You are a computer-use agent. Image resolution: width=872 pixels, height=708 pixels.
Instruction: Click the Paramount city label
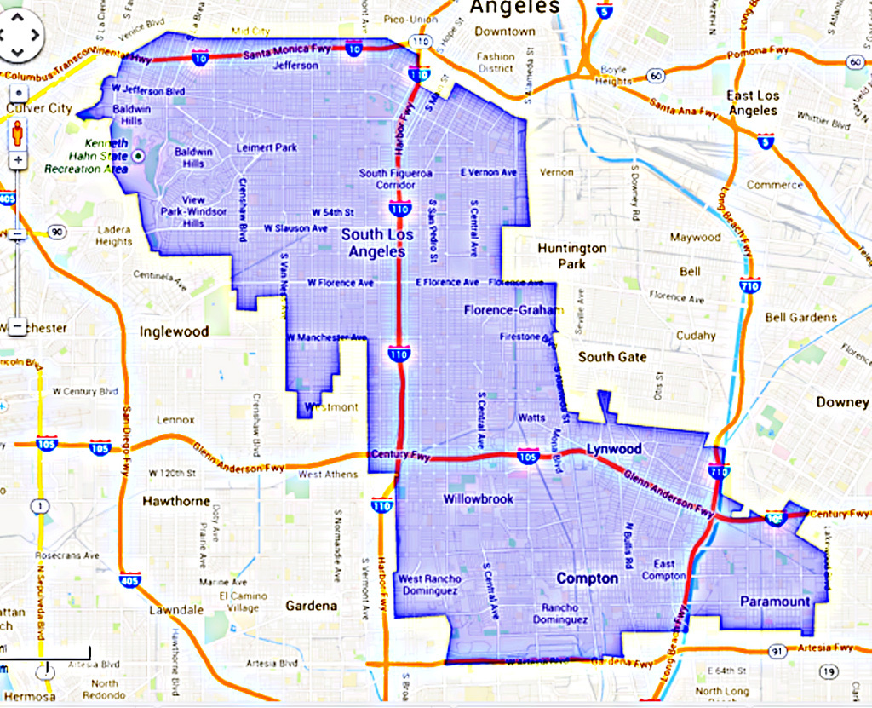[x=775, y=602]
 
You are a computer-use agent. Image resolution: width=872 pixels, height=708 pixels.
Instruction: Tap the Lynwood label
[x=613, y=449]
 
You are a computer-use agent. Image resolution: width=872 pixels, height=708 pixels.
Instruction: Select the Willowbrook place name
[x=478, y=498]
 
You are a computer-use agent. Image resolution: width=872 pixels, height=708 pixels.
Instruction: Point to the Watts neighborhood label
[x=532, y=418]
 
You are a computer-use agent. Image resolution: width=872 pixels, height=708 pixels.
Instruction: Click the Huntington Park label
[x=572, y=256]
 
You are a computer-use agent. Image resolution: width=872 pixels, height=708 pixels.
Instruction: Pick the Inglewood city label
[x=174, y=331]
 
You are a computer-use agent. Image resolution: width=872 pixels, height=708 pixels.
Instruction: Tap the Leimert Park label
[x=267, y=147]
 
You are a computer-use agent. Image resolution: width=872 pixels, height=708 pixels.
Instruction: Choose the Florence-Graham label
[x=509, y=310]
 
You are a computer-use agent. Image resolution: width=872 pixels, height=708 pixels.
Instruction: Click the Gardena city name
[x=311, y=606]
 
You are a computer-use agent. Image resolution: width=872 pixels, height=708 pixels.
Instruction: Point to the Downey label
[x=842, y=402]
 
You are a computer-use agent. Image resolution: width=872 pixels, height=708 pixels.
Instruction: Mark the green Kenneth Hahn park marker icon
[x=139, y=156]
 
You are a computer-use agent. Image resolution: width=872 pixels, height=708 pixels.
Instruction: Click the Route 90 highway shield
[x=57, y=232]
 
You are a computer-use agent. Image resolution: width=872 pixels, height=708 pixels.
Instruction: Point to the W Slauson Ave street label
[x=295, y=228]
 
